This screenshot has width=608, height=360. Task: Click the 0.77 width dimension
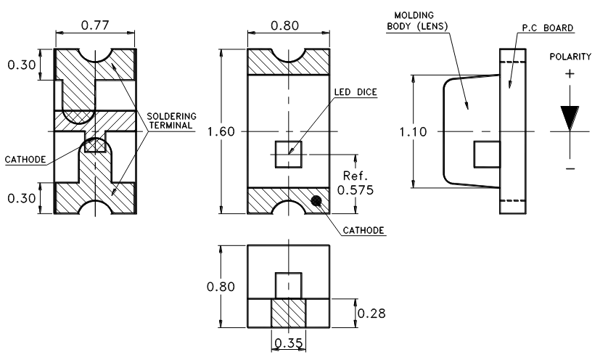(x=94, y=25)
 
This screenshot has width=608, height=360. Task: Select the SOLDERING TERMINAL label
(x=170, y=120)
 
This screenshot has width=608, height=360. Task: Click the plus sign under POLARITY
(x=570, y=73)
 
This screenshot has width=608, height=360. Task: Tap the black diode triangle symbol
(x=570, y=118)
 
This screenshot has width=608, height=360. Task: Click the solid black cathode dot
(x=316, y=201)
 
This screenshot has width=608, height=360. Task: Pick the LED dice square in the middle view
(x=288, y=155)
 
